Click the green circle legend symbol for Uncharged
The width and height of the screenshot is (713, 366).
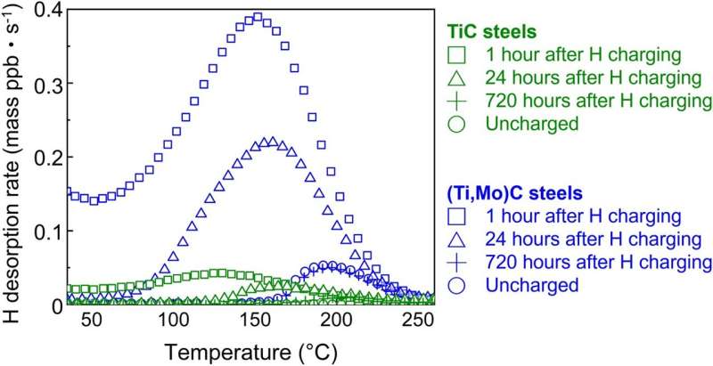[x=455, y=124]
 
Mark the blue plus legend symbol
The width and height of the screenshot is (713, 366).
[x=455, y=262]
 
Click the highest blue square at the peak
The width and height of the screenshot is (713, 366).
[x=258, y=17]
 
